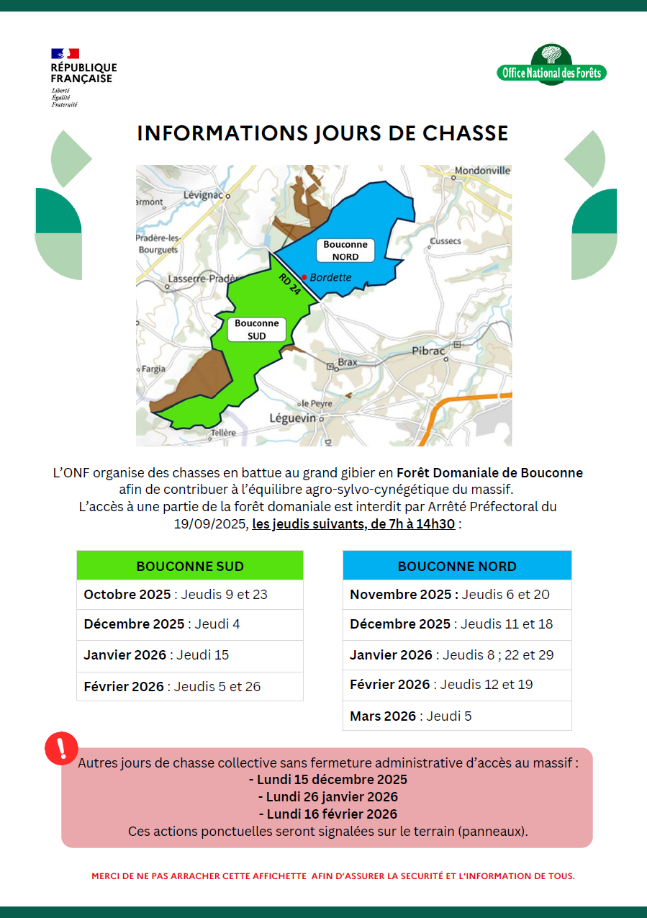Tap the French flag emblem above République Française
pyautogui.click(x=65, y=53)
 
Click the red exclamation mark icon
pyautogui.click(x=61, y=748)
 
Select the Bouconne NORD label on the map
pyautogui.click(x=345, y=251)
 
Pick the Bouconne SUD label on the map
pyautogui.click(x=257, y=330)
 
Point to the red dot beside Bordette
pyautogui.click(x=304, y=277)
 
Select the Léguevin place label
pyautogui.click(x=293, y=418)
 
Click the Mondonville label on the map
pyautogui.click(x=483, y=171)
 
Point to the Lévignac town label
pyautogui.click(x=204, y=195)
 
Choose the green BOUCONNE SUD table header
pyautogui.click(x=190, y=566)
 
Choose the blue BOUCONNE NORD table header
pyautogui.click(x=457, y=566)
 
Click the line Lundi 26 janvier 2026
pyautogui.click(x=327, y=797)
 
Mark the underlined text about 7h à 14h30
pyautogui.click(x=353, y=524)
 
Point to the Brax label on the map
pyautogui.click(x=348, y=362)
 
